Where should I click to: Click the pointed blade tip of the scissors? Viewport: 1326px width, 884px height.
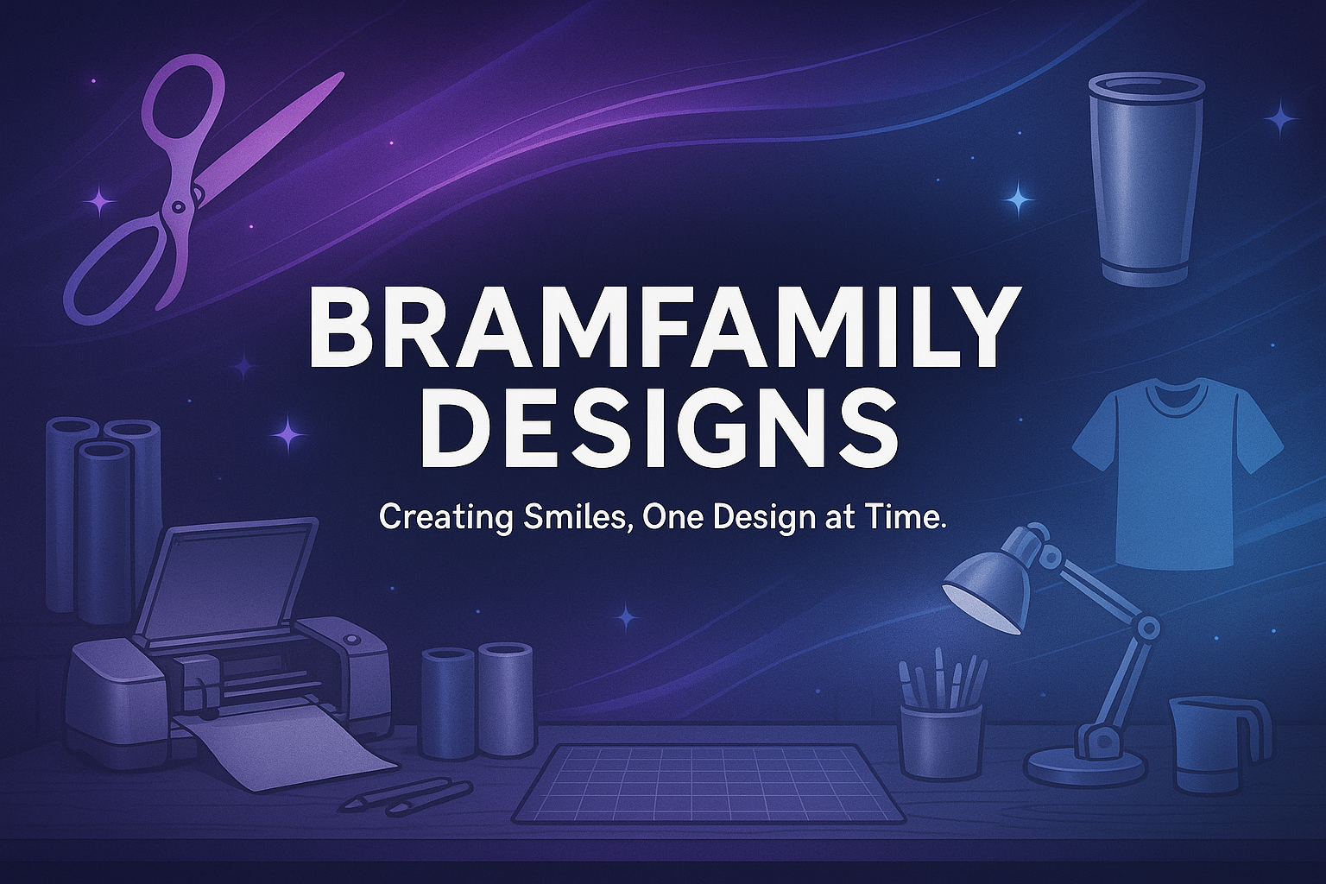coord(341,74)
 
